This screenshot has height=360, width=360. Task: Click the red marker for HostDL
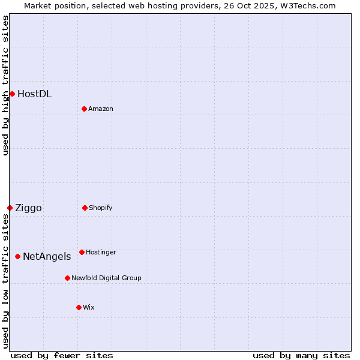click(12, 94)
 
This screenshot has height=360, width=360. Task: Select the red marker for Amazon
click(84, 109)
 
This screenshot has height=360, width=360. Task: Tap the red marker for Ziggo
click(10, 208)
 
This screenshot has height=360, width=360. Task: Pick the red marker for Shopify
click(85, 208)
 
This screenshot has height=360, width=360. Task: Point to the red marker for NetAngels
click(17, 256)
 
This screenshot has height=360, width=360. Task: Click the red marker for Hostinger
click(82, 252)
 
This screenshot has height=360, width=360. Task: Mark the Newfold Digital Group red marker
click(67, 278)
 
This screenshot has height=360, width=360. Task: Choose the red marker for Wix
click(79, 307)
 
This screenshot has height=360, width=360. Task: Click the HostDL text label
click(34, 94)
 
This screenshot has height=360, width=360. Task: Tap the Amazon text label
click(101, 109)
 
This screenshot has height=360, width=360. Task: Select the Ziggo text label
click(28, 208)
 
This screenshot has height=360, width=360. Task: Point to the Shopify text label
click(101, 208)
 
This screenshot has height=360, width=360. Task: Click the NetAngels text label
click(47, 257)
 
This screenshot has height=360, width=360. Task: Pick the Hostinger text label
click(101, 252)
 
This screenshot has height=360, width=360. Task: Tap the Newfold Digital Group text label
click(106, 278)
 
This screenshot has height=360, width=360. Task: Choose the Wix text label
click(89, 307)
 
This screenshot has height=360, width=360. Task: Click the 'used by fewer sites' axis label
click(62, 355)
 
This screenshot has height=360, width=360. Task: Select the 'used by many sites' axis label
click(301, 355)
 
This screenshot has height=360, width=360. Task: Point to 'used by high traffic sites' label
click(5, 85)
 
